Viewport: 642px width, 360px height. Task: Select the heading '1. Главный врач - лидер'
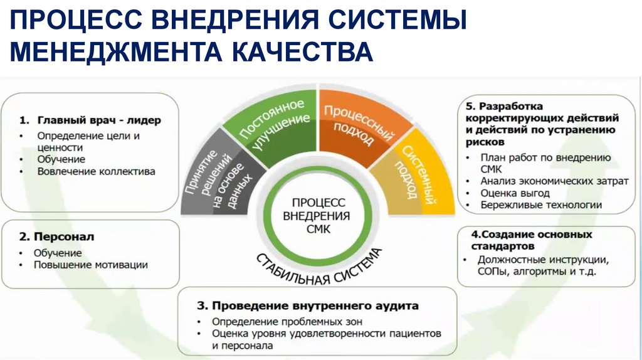(90, 120)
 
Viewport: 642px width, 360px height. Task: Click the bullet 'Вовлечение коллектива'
(96, 171)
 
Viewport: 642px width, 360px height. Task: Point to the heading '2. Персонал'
(56, 237)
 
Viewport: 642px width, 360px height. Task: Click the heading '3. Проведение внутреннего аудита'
(307, 306)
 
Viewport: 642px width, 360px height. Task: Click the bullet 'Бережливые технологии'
(541, 204)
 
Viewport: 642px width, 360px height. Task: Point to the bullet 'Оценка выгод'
(515, 193)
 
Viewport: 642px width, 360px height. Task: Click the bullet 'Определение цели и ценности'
(88, 140)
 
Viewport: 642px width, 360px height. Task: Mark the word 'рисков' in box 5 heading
(483, 142)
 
